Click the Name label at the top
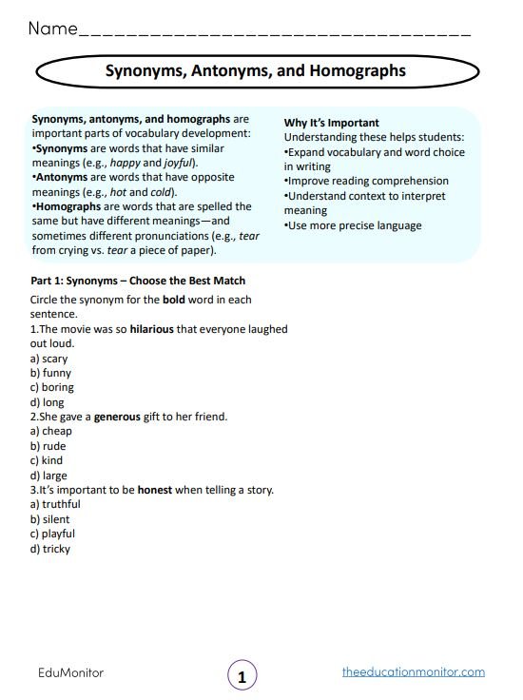(x=52, y=29)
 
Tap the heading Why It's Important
(x=332, y=123)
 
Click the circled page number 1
(x=242, y=676)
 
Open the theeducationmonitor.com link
(x=413, y=672)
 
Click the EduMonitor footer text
(x=70, y=672)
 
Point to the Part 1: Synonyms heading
(x=138, y=281)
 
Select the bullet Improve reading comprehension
(x=367, y=181)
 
